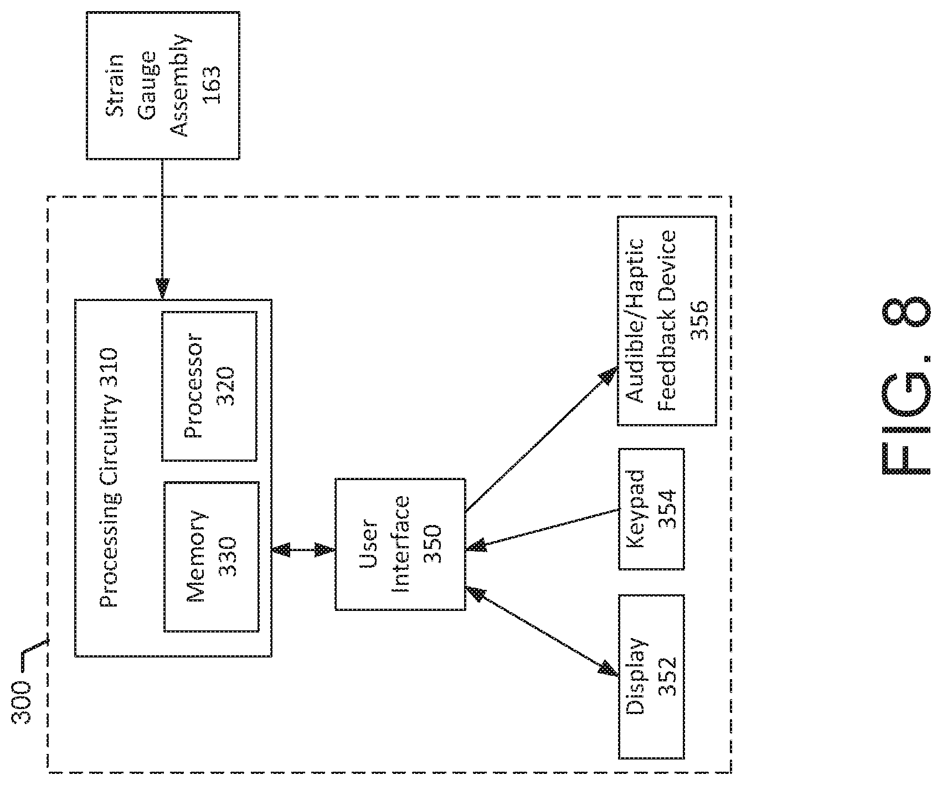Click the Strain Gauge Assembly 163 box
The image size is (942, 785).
pos(163,85)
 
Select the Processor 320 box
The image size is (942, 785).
pos(209,386)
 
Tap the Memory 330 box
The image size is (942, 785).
pos(211,556)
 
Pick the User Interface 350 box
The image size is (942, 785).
pos(400,544)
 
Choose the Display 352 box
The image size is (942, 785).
pos(651,676)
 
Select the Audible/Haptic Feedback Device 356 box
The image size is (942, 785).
pos(667,320)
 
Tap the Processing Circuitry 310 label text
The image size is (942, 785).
pos(109,477)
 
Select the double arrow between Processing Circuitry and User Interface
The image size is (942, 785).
pos(303,550)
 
